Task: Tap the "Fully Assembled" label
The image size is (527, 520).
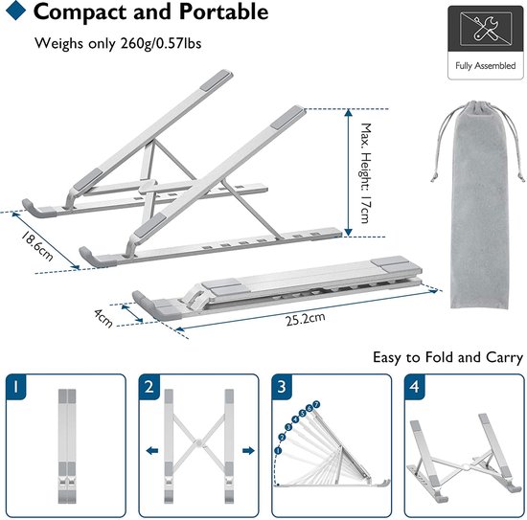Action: pos(484,66)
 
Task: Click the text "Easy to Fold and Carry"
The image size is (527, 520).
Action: pos(447,357)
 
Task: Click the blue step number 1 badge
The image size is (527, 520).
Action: pos(17,387)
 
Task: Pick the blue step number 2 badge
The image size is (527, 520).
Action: pos(149,387)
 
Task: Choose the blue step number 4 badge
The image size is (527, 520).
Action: pos(413,387)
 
